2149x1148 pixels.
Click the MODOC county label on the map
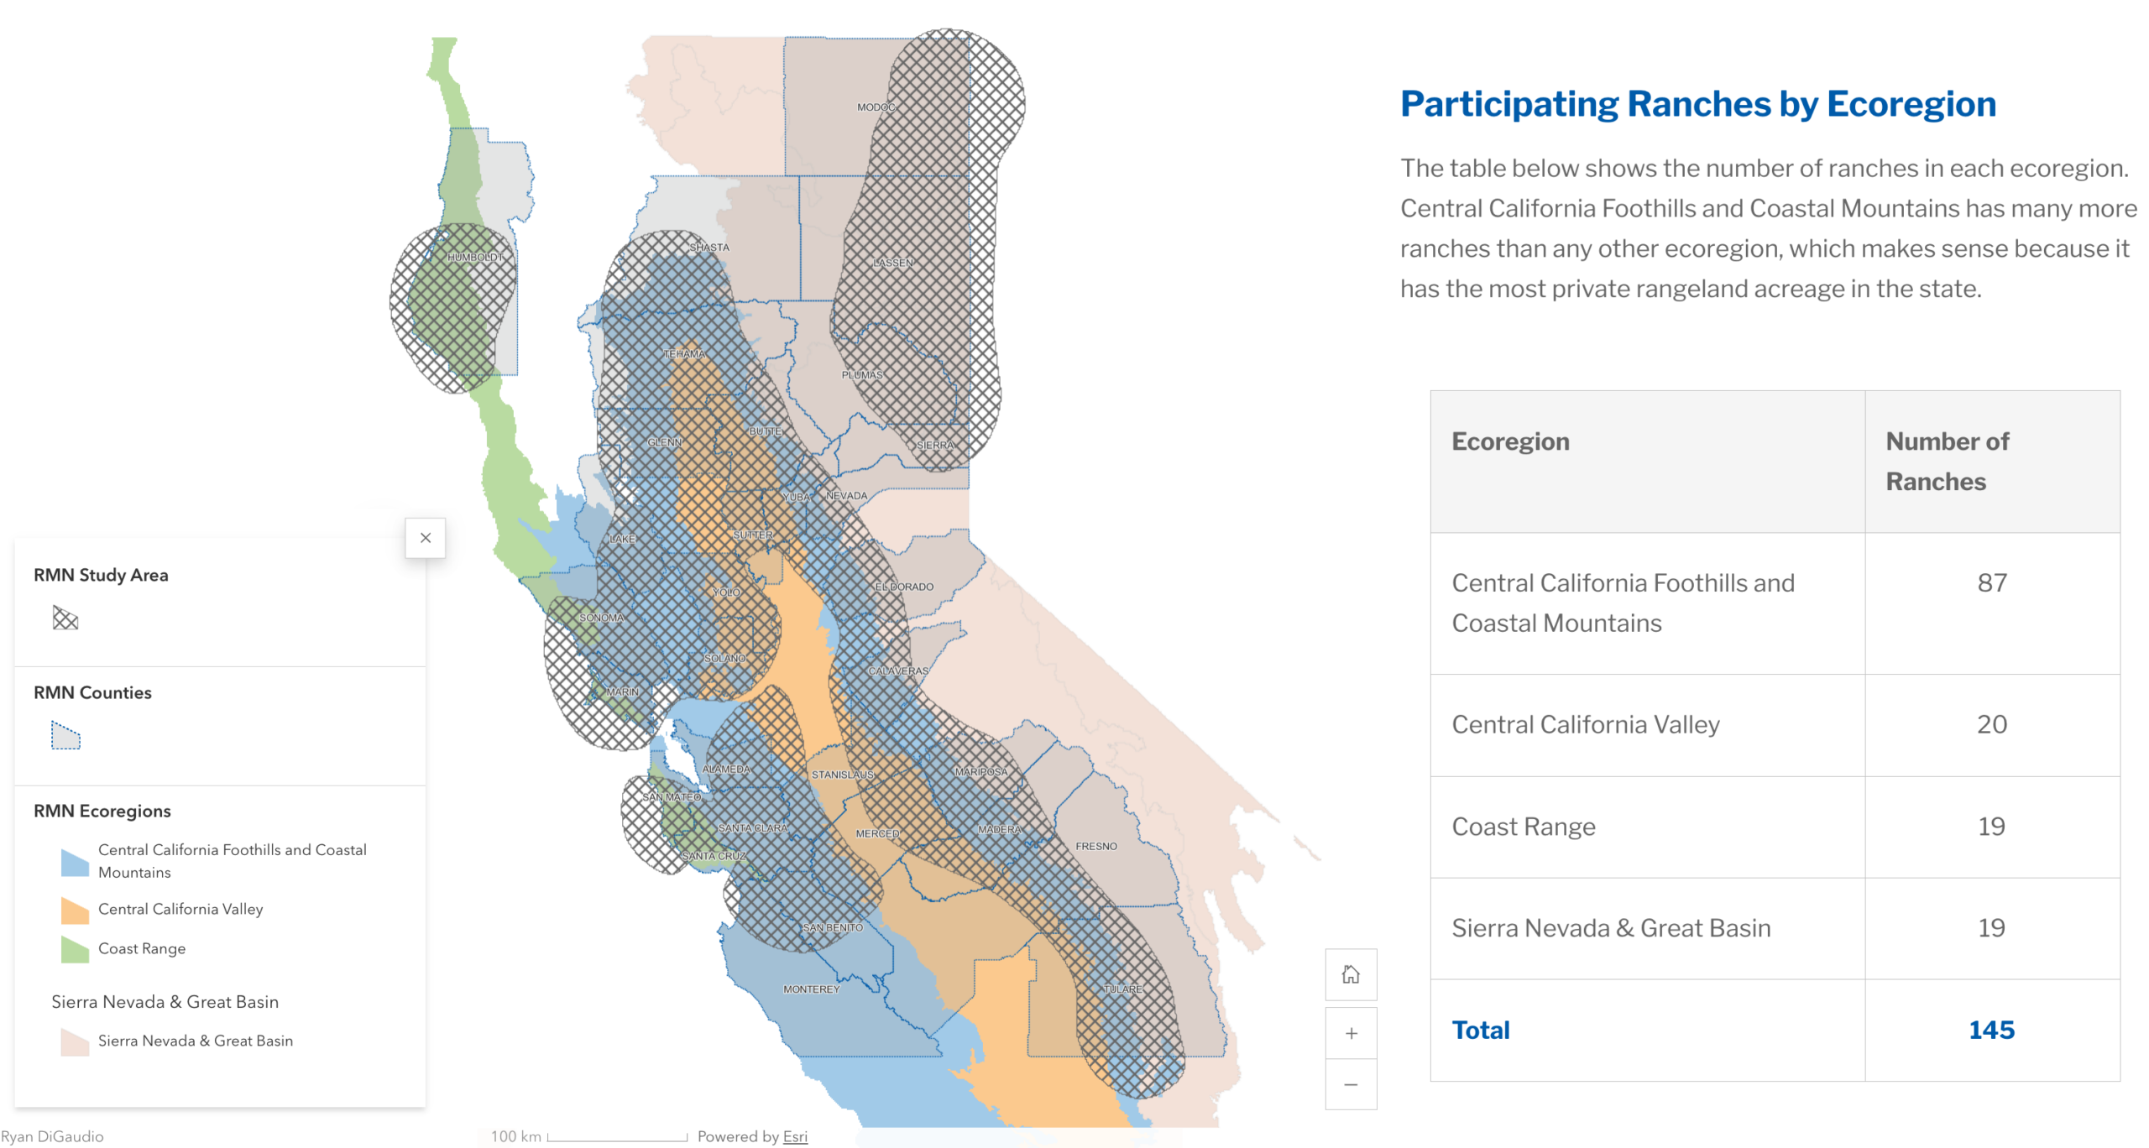tap(876, 107)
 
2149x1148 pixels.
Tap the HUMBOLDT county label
tap(476, 257)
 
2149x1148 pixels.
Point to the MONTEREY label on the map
tap(811, 989)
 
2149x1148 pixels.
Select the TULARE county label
tap(1122, 989)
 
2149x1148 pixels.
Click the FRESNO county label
tap(1096, 846)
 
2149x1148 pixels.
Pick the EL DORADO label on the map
tap(904, 587)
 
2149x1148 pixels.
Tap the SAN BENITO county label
tap(833, 927)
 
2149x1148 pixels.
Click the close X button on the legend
tap(426, 538)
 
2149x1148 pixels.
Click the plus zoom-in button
tap(1351, 1033)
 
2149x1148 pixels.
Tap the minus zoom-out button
tap(1351, 1084)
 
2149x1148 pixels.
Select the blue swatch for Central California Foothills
tap(75, 862)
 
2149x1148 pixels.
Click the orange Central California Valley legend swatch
tap(75, 910)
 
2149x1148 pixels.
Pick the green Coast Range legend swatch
tap(75, 949)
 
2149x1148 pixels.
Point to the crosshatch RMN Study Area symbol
tap(65, 618)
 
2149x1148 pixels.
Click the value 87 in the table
tap(1992, 582)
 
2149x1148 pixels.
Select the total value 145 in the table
tap(1992, 1030)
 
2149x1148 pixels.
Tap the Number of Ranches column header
tap(1948, 461)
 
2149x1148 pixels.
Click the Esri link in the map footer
tap(795, 1136)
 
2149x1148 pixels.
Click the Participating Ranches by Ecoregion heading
tap(1698, 104)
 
